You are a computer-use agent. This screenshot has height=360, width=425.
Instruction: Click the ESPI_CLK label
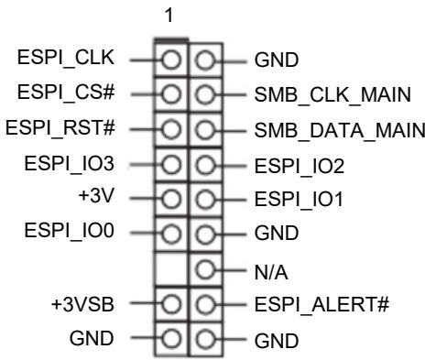click(66, 58)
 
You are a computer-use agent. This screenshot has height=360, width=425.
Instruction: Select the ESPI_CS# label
click(66, 92)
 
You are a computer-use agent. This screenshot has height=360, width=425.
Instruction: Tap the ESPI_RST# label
click(60, 127)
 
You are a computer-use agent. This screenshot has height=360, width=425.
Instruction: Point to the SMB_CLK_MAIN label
click(332, 94)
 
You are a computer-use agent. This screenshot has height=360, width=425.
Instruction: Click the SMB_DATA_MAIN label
click(340, 130)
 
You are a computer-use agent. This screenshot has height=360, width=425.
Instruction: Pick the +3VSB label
click(82, 304)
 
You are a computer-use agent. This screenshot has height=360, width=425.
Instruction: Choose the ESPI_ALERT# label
click(321, 304)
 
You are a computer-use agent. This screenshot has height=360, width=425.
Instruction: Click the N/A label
click(271, 272)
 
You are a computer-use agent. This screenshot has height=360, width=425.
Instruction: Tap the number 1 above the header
click(169, 15)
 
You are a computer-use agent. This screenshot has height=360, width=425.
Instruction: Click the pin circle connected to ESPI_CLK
click(171, 60)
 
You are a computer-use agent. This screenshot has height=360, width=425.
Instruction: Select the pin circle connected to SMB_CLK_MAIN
click(205, 94)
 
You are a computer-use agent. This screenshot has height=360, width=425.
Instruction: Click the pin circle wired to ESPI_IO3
click(171, 164)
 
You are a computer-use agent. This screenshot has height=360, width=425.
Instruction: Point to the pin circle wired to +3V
click(171, 199)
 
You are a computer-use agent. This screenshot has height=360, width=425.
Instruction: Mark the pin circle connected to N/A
click(205, 269)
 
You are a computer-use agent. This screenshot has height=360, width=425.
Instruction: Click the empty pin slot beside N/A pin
click(171, 269)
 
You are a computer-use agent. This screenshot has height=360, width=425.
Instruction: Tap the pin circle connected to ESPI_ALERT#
click(205, 304)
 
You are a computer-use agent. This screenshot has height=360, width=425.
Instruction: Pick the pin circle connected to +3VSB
click(171, 304)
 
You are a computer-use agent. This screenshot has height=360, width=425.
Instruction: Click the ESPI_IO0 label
click(69, 231)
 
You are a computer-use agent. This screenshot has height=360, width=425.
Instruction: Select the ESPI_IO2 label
click(300, 167)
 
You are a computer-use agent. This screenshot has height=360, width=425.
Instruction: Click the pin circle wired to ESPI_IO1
click(205, 200)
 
